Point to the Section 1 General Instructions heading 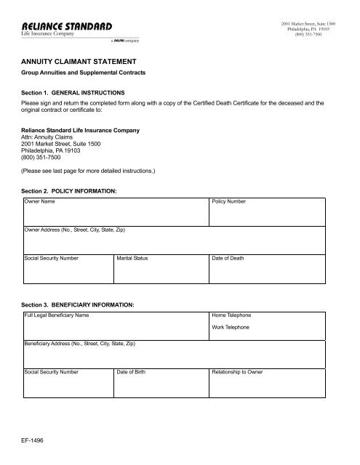pos(74,94)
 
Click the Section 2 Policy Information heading pos(70,190)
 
